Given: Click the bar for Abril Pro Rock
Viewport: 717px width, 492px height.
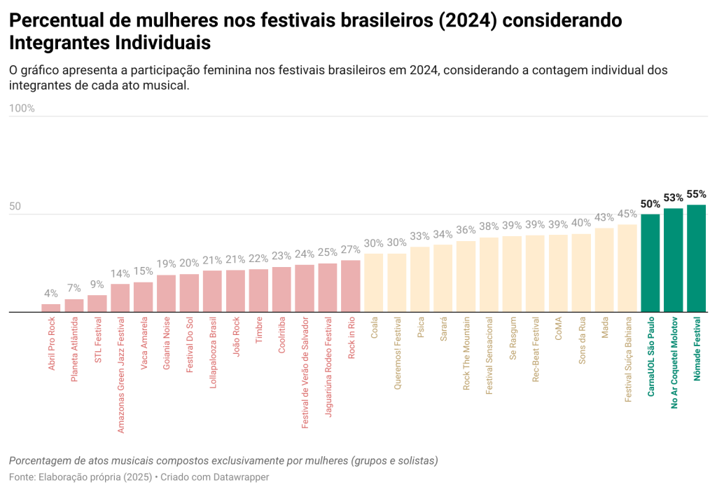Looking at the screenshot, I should tap(51, 308).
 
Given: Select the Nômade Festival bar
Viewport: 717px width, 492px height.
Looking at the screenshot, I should tap(697, 259).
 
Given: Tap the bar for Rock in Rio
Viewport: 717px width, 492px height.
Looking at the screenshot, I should tap(351, 286).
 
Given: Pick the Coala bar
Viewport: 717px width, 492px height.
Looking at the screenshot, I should tap(374, 282).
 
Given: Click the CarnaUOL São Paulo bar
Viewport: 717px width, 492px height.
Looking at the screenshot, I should tap(650, 263).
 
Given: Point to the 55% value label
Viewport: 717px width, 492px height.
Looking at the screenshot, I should tap(697, 194).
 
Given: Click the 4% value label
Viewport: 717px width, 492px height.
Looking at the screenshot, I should tap(51, 294).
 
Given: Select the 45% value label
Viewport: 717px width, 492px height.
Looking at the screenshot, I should tap(627, 214).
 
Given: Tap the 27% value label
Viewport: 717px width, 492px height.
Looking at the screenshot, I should tap(351, 250).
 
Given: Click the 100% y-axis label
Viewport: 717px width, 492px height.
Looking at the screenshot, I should tap(22, 109).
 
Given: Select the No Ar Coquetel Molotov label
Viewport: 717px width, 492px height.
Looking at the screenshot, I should tap(674, 362).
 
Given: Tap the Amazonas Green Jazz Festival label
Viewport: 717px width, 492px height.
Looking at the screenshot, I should tap(120, 375).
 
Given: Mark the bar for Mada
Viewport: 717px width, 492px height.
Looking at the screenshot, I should tap(604, 270).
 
